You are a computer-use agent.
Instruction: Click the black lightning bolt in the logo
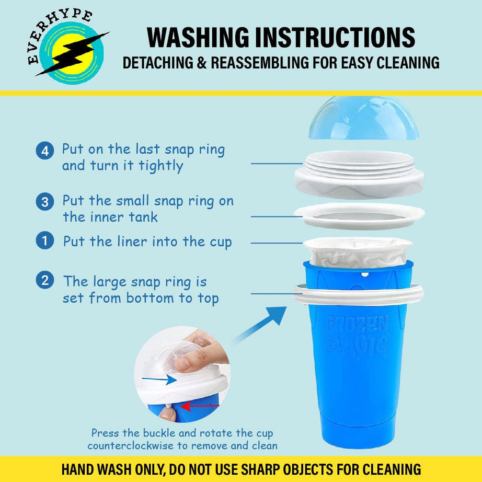pyautogui.click(x=73, y=53)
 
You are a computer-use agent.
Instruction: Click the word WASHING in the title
pyautogui.click(x=198, y=38)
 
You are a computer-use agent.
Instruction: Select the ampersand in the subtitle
pyautogui.click(x=202, y=63)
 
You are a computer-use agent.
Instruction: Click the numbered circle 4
pyautogui.click(x=45, y=151)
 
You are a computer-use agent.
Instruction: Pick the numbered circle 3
pyautogui.click(x=45, y=202)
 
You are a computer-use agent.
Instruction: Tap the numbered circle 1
pyautogui.click(x=45, y=240)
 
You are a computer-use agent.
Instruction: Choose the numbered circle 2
pyautogui.click(x=45, y=280)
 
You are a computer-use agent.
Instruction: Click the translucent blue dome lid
pyautogui.click(x=363, y=118)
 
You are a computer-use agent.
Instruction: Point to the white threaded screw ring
pyautogui.click(x=359, y=175)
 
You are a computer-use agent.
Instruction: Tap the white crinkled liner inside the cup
pyautogui.click(x=358, y=252)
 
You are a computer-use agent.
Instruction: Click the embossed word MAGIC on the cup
pyautogui.click(x=357, y=345)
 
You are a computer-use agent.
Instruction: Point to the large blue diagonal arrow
pyautogui.click(x=260, y=325)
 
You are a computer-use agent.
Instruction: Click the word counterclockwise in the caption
pyautogui.click(x=130, y=446)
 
